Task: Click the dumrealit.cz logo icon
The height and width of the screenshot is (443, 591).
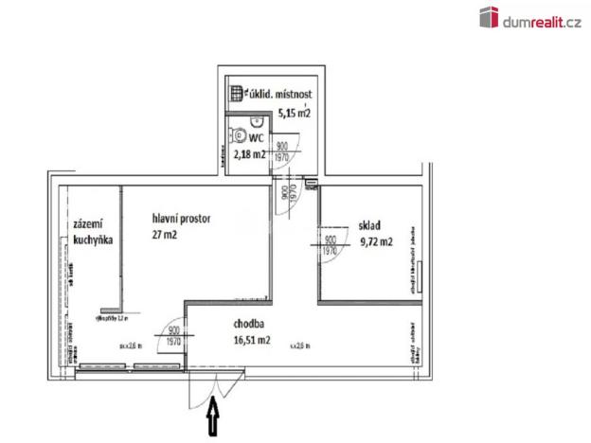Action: click(489, 17)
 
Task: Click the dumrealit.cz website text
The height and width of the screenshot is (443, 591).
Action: click(541, 18)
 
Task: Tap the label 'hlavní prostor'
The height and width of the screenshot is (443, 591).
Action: click(181, 219)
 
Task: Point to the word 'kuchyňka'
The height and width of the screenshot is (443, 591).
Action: click(93, 241)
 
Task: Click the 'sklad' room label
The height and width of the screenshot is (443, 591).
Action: click(369, 226)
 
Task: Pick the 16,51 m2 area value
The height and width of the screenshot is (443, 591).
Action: click(252, 340)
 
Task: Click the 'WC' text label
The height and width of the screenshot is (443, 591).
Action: click(256, 137)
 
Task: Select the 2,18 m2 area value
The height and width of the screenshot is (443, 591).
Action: click(251, 153)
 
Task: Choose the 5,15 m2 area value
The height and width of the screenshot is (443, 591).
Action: click(295, 114)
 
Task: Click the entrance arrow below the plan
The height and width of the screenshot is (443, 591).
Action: click(214, 417)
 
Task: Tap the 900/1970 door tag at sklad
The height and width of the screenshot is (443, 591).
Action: click(331, 246)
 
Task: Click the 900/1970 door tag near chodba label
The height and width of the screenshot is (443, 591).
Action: click(173, 336)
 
